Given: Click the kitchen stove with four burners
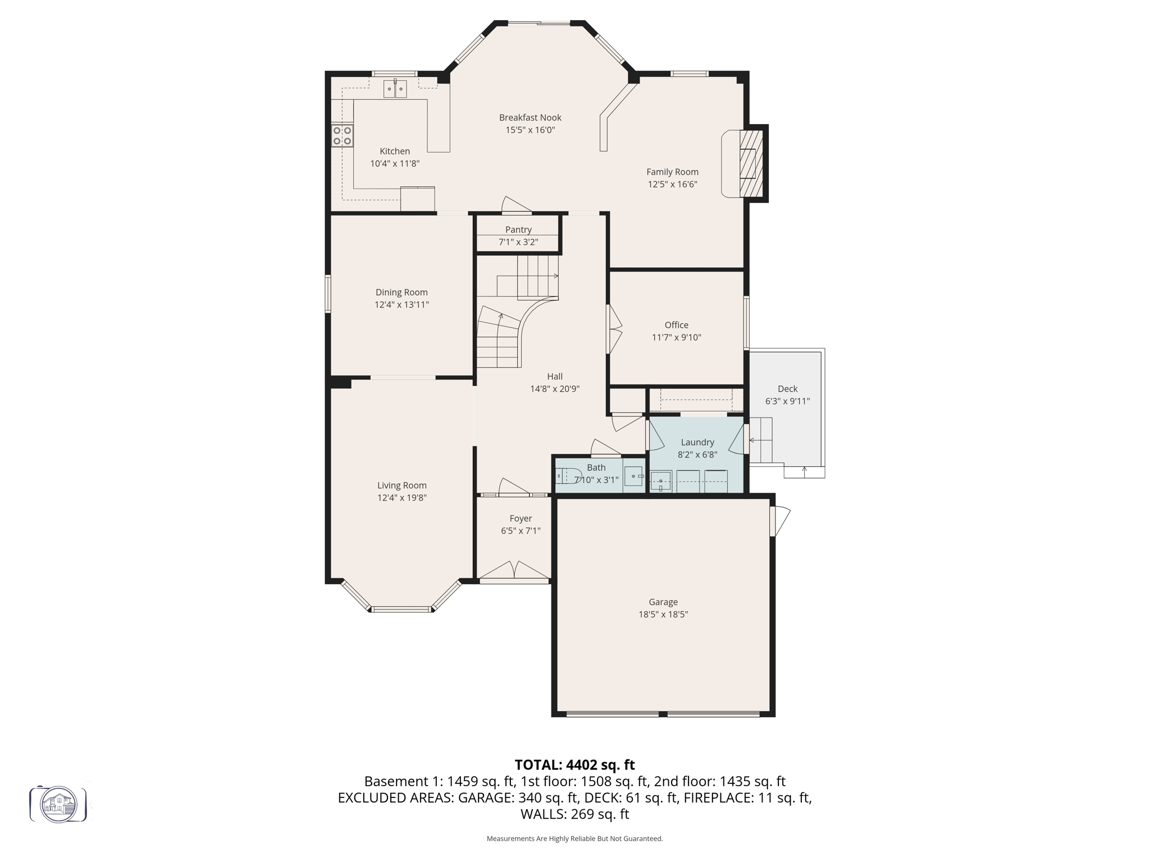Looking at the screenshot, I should (x=342, y=136).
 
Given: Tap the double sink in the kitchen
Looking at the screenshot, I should (x=395, y=89).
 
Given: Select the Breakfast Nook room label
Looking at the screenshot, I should (x=530, y=117).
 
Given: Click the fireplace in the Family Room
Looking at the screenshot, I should (x=750, y=163).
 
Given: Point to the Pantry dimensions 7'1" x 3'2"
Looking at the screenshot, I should (x=518, y=242).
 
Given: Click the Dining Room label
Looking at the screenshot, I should (x=401, y=292).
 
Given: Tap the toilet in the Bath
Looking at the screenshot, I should (x=568, y=476).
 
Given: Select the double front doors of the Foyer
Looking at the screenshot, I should (x=515, y=571).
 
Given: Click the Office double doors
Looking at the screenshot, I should (x=615, y=329).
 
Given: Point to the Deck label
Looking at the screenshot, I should (x=787, y=389).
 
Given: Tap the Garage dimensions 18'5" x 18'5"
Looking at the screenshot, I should (x=663, y=615).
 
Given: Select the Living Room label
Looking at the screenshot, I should (x=401, y=485).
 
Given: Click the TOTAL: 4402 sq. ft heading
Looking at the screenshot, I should (x=574, y=765).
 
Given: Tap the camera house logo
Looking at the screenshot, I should (x=58, y=804).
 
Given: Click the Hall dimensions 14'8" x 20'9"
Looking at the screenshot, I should (x=554, y=389).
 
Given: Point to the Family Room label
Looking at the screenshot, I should (x=672, y=172).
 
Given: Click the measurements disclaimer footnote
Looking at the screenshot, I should (x=574, y=838).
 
